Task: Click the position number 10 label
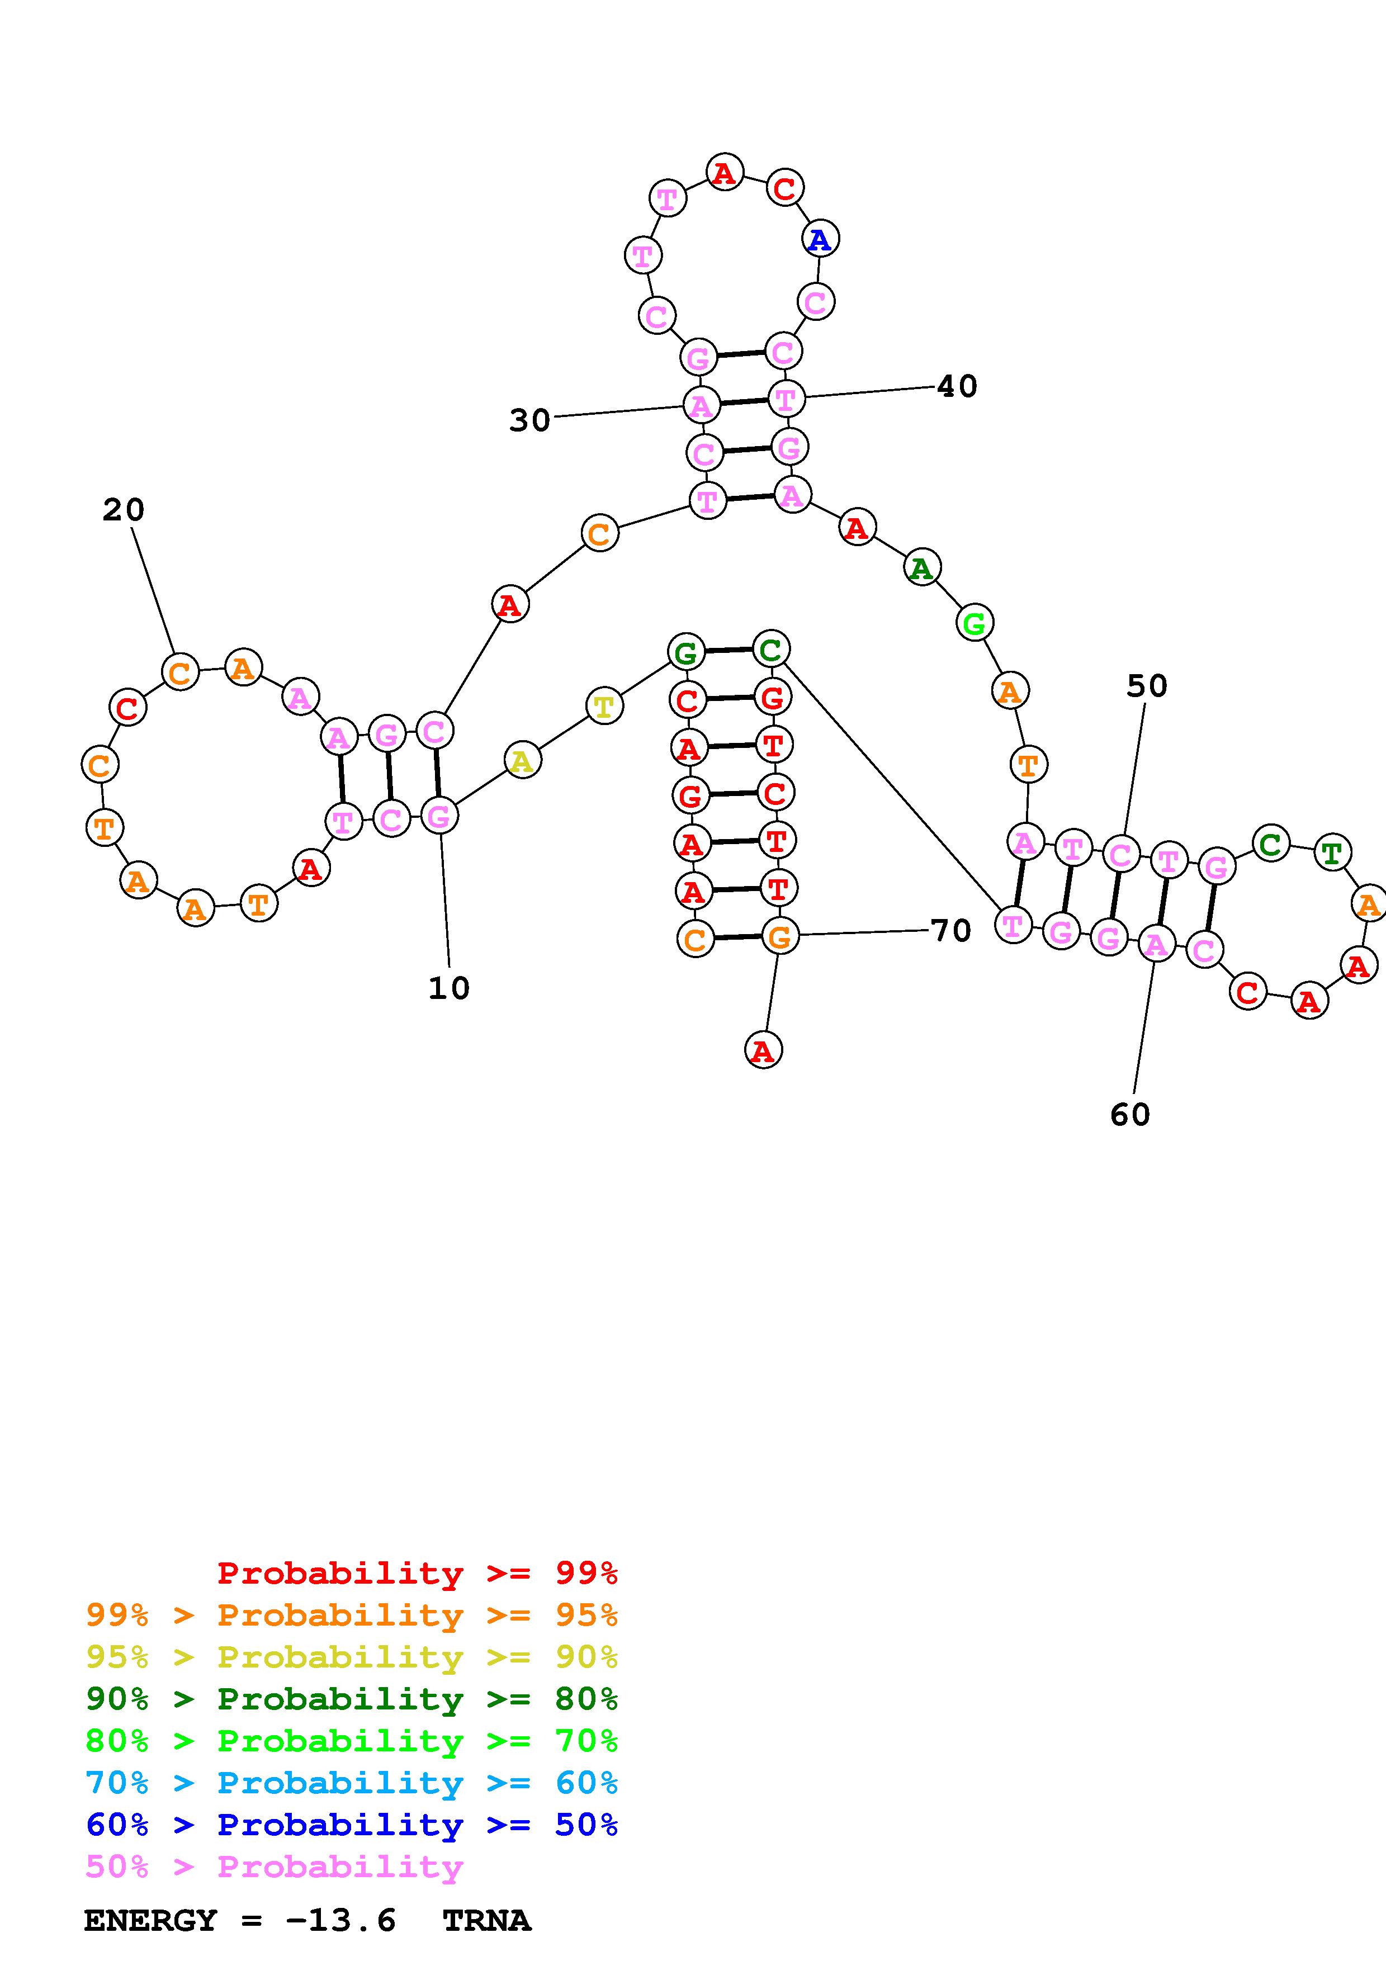449,988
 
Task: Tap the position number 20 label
124,510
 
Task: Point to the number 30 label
529,420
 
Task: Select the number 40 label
957,386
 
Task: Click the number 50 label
1147,685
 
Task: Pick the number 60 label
1130,1114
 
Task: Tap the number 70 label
950,930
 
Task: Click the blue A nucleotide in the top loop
820,239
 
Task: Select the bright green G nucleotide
973,623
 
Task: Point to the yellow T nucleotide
604,707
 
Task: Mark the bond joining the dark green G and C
727,650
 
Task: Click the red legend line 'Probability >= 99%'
417,1572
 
